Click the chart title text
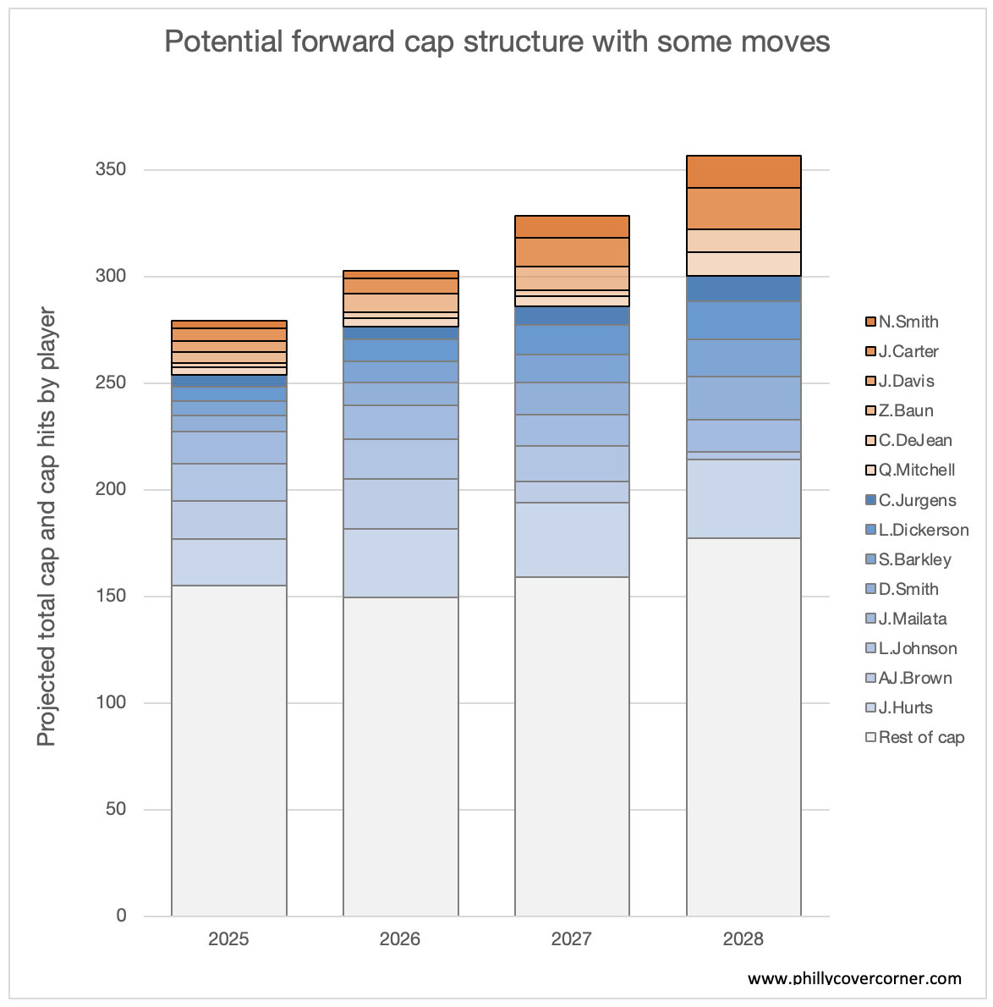pos(496,41)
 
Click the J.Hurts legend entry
pos(905,707)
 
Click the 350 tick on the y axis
pos(110,170)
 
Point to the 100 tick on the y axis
pos(110,703)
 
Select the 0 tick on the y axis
pos(121,916)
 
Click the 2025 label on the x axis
pos(228,939)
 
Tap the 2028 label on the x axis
pos(743,939)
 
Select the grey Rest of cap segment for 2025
pos(228,751)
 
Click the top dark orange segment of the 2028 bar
pos(743,172)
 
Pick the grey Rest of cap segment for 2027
pos(572,746)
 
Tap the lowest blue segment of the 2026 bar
pos(400,564)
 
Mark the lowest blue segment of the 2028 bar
pos(743,499)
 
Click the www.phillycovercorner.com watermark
pos(854,979)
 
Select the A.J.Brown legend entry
pos(914,678)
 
